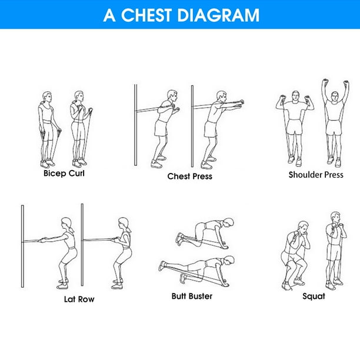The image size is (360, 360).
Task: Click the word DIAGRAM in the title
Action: point(218,15)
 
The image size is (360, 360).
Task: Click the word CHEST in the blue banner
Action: point(146,15)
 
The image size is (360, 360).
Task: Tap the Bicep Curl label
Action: point(64,174)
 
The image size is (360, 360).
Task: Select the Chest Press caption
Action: point(190,176)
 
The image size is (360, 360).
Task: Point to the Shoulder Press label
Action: point(316,175)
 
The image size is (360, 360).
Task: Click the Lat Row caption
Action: point(79,299)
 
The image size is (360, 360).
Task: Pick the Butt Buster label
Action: point(192,296)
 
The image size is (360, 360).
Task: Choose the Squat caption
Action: point(314,296)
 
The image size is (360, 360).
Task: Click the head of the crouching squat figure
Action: point(303,228)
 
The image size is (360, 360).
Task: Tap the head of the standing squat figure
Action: point(335,218)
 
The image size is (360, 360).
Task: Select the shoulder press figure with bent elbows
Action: point(295,129)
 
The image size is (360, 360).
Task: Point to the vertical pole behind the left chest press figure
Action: point(135,125)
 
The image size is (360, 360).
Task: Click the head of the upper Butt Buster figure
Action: point(228,222)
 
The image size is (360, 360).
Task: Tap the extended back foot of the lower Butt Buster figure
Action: point(163,266)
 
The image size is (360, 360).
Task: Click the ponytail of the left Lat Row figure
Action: point(72,229)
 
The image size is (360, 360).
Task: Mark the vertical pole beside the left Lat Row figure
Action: point(22,246)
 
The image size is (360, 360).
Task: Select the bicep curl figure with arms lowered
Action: point(49,129)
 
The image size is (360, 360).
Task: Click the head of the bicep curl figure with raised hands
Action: point(78,96)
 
